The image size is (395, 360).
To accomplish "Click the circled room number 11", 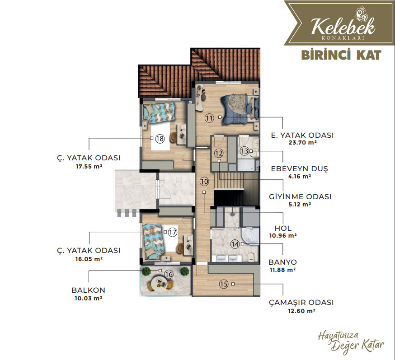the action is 209,118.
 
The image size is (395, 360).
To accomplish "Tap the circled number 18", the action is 160,139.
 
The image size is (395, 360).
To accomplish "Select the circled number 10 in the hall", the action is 204,181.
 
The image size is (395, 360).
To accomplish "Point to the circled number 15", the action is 223,284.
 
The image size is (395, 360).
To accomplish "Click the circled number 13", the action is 244,151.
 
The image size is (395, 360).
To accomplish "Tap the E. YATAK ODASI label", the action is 302,135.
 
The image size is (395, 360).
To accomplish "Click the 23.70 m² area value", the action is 302,142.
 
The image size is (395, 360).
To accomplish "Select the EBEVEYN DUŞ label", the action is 300,168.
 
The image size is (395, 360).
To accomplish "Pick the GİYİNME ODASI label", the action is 300,196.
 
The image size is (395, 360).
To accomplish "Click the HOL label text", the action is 283,229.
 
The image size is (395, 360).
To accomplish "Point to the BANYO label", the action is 282,262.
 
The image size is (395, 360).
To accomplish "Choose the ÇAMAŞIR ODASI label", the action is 301,302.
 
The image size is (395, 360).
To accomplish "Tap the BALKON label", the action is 89,290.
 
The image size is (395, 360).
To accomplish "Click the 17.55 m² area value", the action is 89,166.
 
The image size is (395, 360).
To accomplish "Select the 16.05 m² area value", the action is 89,259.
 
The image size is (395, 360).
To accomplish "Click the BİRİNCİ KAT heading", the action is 341,56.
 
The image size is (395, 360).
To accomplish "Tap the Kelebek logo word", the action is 343,27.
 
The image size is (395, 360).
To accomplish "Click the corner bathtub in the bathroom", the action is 250,237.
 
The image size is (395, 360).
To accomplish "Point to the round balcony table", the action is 159,283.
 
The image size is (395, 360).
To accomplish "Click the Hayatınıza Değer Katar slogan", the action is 351,343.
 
